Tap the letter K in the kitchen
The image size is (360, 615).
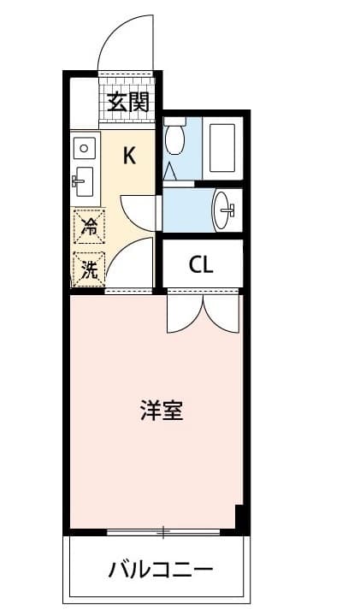point(129,155)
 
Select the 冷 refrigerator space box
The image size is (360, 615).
point(88,227)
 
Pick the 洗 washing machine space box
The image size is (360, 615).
point(88,269)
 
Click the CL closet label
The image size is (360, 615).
point(201,264)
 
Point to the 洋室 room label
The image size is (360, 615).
point(161,411)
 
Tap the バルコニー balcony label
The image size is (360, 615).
point(160,569)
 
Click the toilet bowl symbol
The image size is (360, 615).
point(175,137)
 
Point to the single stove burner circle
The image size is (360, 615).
point(83,148)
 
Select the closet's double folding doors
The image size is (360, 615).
point(203,312)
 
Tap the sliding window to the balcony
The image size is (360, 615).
point(162,533)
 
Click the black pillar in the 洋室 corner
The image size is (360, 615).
point(241,517)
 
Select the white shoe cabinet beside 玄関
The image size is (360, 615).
point(84,103)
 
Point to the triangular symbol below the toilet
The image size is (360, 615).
point(171,172)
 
